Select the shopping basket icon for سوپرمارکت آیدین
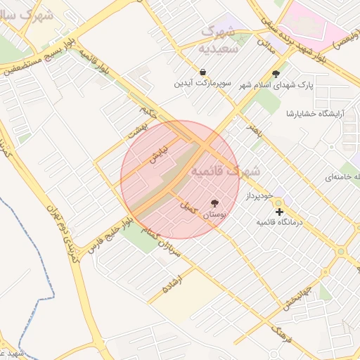coord(203,72)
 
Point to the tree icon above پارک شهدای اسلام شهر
coord(276,73)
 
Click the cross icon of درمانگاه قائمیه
coord(279,211)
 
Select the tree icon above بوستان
coord(214,203)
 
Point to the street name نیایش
coord(156,154)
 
